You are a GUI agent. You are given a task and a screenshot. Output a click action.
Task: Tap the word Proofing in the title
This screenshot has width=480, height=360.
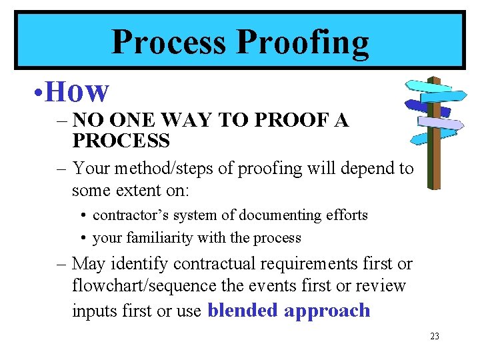(303, 43)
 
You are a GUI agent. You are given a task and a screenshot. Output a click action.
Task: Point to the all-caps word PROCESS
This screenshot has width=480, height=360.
(121, 141)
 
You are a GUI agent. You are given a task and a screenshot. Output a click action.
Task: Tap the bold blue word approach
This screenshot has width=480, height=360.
(327, 311)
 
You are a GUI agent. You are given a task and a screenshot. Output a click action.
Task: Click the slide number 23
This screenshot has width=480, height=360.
(434, 337)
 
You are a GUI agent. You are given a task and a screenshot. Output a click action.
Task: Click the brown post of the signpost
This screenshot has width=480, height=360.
(433, 160)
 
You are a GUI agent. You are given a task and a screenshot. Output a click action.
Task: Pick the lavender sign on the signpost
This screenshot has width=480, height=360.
(440, 123)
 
